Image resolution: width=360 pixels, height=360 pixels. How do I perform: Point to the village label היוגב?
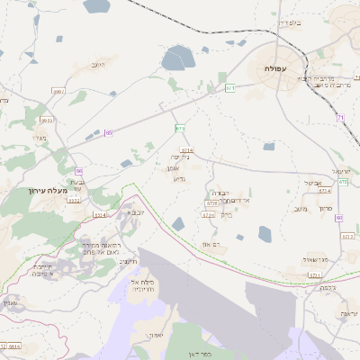(99, 65)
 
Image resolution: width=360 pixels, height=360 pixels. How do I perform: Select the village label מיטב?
(301, 209)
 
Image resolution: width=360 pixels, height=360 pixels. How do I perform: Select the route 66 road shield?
(79, 170)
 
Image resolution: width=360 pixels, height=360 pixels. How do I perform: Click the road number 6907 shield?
(59, 91)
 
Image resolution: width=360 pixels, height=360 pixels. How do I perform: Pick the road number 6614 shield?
(14, 346)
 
